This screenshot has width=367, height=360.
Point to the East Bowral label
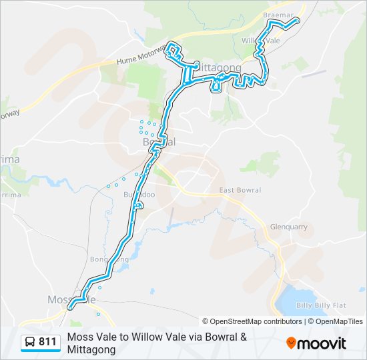click(x=240, y=191)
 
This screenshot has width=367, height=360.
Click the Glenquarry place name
click(x=288, y=227)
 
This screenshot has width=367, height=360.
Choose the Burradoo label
click(x=139, y=195)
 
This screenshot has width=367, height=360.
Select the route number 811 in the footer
click(x=47, y=342)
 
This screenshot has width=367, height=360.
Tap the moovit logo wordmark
click(x=322, y=343)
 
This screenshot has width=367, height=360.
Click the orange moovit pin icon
click(x=291, y=343)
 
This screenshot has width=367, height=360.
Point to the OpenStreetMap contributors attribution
click(x=252, y=321)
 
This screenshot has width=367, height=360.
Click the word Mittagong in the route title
click(x=90, y=350)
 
